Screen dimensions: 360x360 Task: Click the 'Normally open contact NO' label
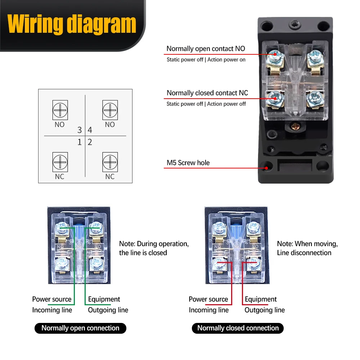pyautogui.click(x=206, y=49)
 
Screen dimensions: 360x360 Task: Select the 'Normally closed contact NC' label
pyautogui.click(x=207, y=93)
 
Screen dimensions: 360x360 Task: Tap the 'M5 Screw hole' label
pyautogui.click(x=188, y=163)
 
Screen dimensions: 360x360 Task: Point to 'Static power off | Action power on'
pyautogui.click(x=206, y=59)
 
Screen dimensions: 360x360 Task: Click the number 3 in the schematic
pyautogui.click(x=80, y=130)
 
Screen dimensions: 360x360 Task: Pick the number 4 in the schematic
pyautogui.click(x=90, y=130)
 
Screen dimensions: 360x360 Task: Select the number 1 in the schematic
pyautogui.click(x=80, y=142)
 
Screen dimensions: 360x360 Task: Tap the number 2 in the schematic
pyautogui.click(x=90, y=142)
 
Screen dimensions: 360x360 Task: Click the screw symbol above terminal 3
pyautogui.click(x=60, y=110)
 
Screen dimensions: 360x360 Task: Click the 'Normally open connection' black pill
pyautogui.click(x=80, y=328)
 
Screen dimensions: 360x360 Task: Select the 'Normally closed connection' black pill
pyautogui.click(x=238, y=328)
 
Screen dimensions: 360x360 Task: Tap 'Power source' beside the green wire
pyautogui.click(x=52, y=299)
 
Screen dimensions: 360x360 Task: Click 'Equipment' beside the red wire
pyautogui.click(x=261, y=299)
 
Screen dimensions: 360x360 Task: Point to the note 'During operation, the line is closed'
pyautogui.click(x=154, y=248)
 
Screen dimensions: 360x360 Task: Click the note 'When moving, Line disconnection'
pyautogui.click(x=307, y=248)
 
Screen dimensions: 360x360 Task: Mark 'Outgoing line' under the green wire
pyautogui.click(x=108, y=310)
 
